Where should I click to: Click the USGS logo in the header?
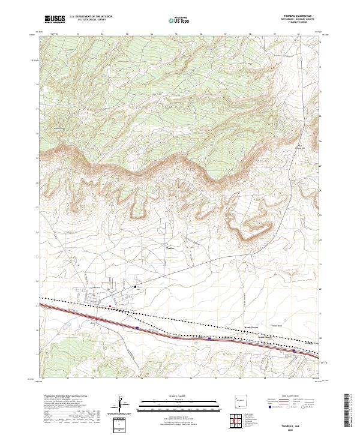coord(55,19)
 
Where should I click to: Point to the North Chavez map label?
coord(251,327)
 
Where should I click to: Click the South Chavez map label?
coord(265,337)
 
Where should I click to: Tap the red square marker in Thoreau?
coord(110,306)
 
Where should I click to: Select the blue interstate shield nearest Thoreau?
coord(137,328)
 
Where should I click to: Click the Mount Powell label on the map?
coord(59,127)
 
